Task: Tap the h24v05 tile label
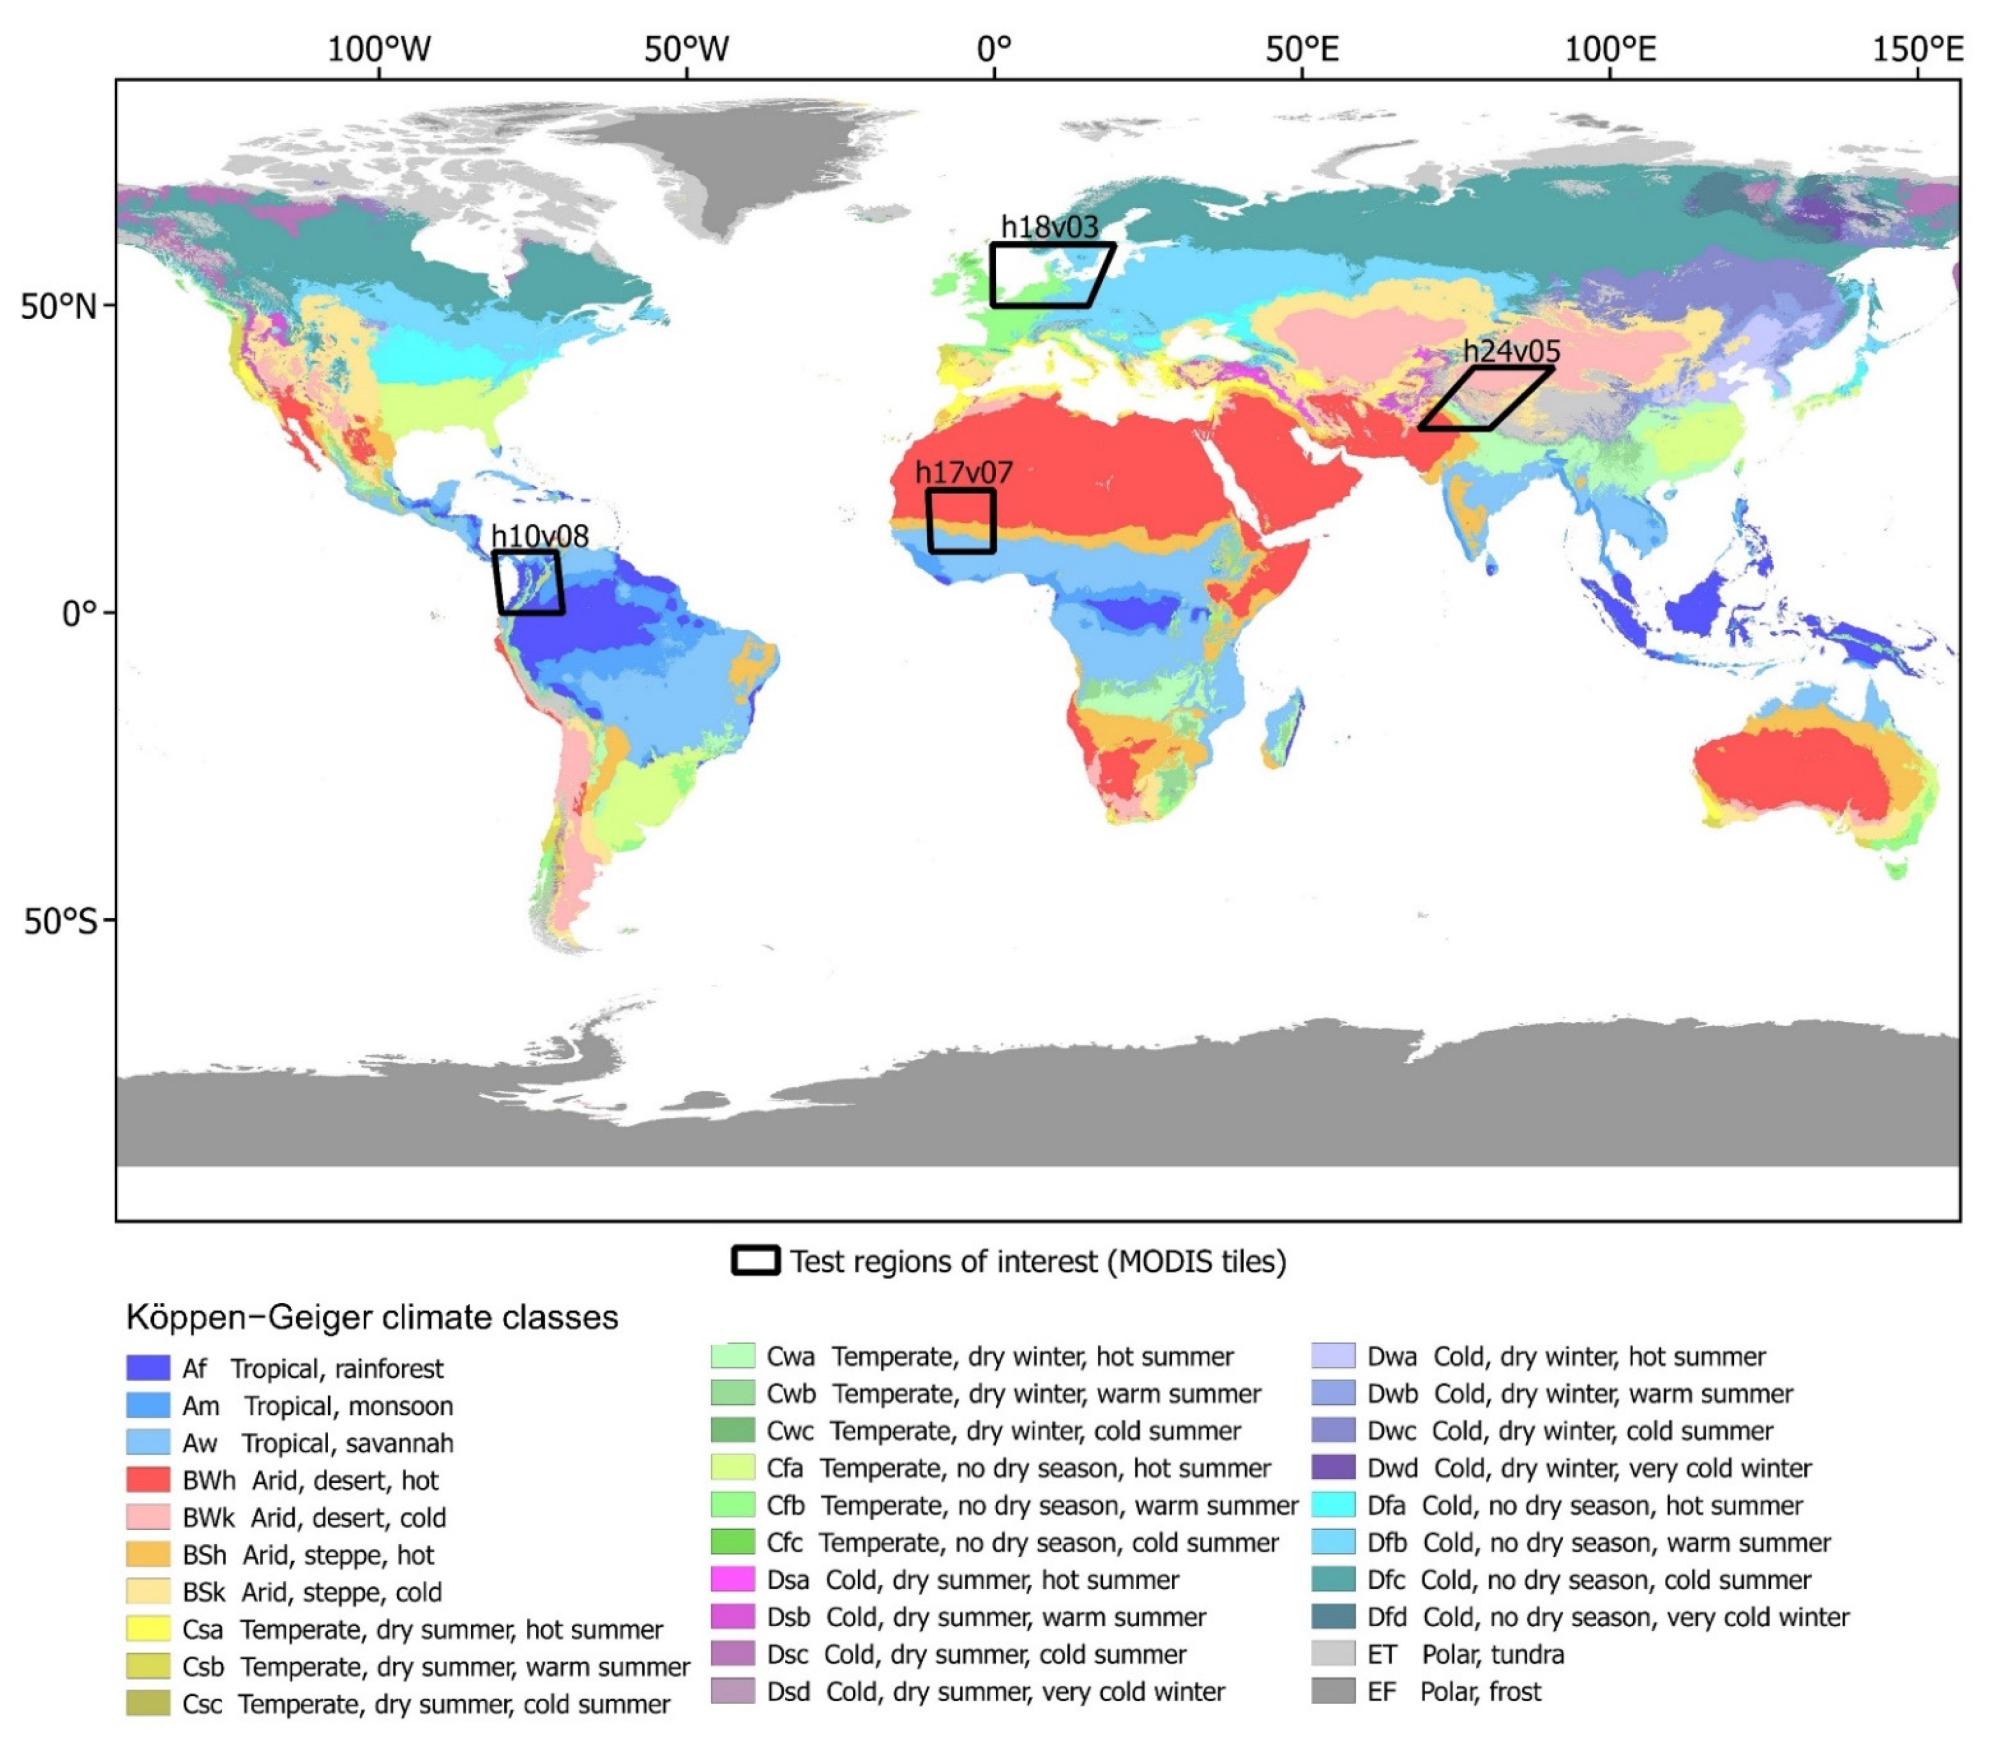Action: point(1511,351)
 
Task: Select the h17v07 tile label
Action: point(963,473)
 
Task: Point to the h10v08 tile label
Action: point(540,536)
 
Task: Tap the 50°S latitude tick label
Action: point(60,921)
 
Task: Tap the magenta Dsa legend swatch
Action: point(733,1579)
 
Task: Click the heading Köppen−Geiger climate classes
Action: point(372,1318)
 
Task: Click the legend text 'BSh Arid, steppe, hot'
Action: point(308,1555)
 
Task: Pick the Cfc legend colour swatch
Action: point(733,1542)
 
